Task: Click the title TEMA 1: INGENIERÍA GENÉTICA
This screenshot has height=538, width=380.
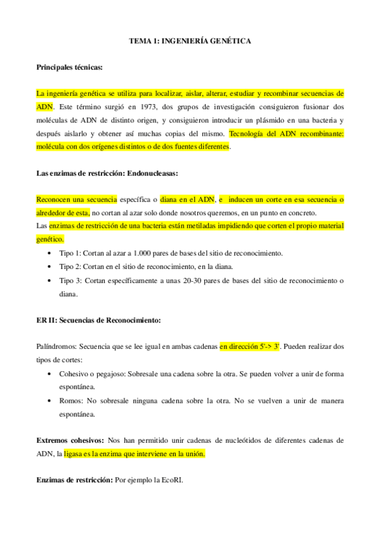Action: pyautogui.click(x=190, y=41)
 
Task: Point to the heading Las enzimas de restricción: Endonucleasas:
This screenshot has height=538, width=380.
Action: pyautogui.click(x=107, y=173)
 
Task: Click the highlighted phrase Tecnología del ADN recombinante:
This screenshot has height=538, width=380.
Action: pyautogui.click(x=286, y=133)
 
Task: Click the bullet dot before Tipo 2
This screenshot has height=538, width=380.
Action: pyautogui.click(x=50, y=267)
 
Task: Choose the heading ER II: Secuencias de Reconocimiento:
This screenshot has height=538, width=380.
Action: pyautogui.click(x=98, y=320)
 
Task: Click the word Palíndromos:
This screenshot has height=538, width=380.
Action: pyautogui.click(x=58, y=347)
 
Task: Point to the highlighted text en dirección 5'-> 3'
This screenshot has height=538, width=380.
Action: pyautogui.click(x=250, y=347)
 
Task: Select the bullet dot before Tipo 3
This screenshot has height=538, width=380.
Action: pyautogui.click(x=50, y=280)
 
